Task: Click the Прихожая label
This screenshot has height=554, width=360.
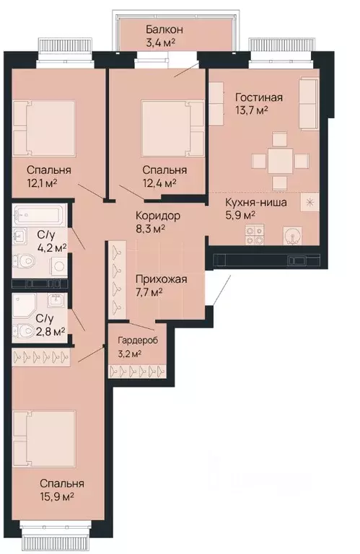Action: [x=161, y=279]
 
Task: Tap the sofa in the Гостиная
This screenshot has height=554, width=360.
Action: [x=309, y=104]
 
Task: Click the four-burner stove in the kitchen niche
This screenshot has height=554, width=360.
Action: [x=255, y=232]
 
